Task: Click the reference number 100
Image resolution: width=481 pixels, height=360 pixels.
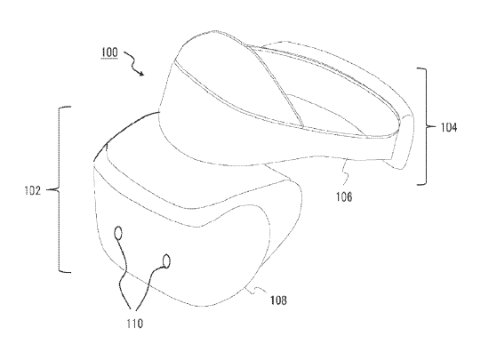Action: point(109,52)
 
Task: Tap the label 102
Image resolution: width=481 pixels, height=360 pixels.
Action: point(32,191)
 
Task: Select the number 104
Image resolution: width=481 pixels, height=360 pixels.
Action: point(449,127)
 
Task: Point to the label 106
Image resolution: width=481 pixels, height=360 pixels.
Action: point(344,196)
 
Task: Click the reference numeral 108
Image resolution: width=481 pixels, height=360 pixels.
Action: point(278,300)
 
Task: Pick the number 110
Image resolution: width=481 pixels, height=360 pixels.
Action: point(134,324)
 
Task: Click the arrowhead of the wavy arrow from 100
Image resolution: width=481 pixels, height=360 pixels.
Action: point(141,73)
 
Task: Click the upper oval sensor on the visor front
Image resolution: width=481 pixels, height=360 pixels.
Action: point(118,233)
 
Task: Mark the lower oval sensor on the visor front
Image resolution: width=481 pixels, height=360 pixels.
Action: point(166,261)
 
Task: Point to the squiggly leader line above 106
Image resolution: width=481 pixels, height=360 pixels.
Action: point(346,172)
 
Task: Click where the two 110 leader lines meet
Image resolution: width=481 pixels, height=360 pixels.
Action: point(132,309)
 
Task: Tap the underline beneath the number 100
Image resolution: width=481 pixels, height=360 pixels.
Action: point(109,59)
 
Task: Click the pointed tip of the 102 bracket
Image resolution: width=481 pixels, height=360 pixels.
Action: point(47,190)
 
